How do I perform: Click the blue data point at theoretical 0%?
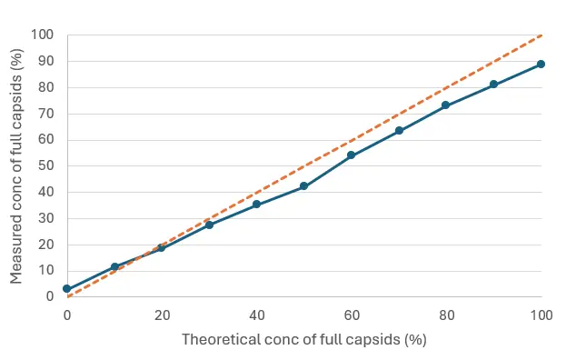click(x=66, y=288)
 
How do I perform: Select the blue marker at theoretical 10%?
click(x=114, y=267)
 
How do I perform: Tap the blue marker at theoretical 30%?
click(x=209, y=225)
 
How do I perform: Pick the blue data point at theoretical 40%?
click(x=256, y=205)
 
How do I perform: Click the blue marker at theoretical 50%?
click(x=303, y=186)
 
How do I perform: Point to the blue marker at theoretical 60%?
click(x=351, y=155)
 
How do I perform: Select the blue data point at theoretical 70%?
click(x=399, y=131)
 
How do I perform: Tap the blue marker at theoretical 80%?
click(x=446, y=105)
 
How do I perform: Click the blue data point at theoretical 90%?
click(x=493, y=85)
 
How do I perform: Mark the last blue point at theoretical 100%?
click(x=541, y=64)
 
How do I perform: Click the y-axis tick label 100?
click(x=42, y=35)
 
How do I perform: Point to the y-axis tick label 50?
click(x=45, y=166)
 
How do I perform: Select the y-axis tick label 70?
click(x=45, y=114)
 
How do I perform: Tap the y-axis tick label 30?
click(x=45, y=218)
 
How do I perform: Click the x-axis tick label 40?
click(x=257, y=315)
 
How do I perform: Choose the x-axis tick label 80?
click(x=446, y=315)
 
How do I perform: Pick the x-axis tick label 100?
click(x=541, y=315)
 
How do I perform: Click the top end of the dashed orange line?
click(x=541, y=35)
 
